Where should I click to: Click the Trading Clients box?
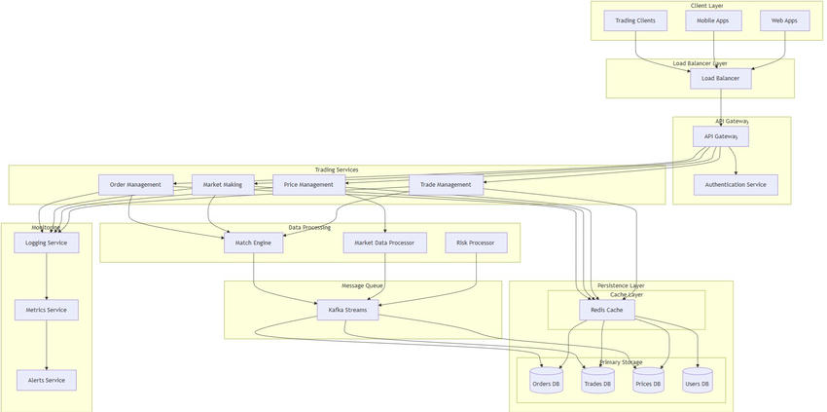pyautogui.click(x=635, y=20)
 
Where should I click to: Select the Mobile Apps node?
pyautogui.click(x=713, y=20)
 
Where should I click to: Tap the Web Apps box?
pyautogui.click(x=784, y=20)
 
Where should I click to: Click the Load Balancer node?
pyautogui.click(x=721, y=78)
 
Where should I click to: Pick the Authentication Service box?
pyautogui.click(x=736, y=185)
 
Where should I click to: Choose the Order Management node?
pyautogui.click(x=135, y=185)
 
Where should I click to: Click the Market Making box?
pyautogui.click(x=223, y=185)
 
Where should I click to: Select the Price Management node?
pyautogui.click(x=308, y=185)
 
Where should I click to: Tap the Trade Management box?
pyautogui.click(x=446, y=185)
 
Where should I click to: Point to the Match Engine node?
pyautogui.click(x=254, y=243)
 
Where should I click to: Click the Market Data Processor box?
pyautogui.click(x=384, y=243)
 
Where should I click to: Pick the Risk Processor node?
pyautogui.click(x=476, y=243)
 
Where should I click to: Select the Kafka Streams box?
pyautogui.click(x=347, y=310)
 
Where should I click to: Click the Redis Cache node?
pyautogui.click(x=607, y=310)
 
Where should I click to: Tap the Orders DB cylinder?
pyautogui.click(x=547, y=381)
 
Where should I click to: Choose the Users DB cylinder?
pyautogui.click(x=698, y=381)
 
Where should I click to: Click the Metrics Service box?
pyautogui.click(x=47, y=310)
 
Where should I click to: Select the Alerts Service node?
pyautogui.click(x=47, y=380)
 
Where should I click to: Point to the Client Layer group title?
pyautogui.click(x=707, y=6)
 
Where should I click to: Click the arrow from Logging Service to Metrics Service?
pyautogui.click(x=47, y=277)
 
